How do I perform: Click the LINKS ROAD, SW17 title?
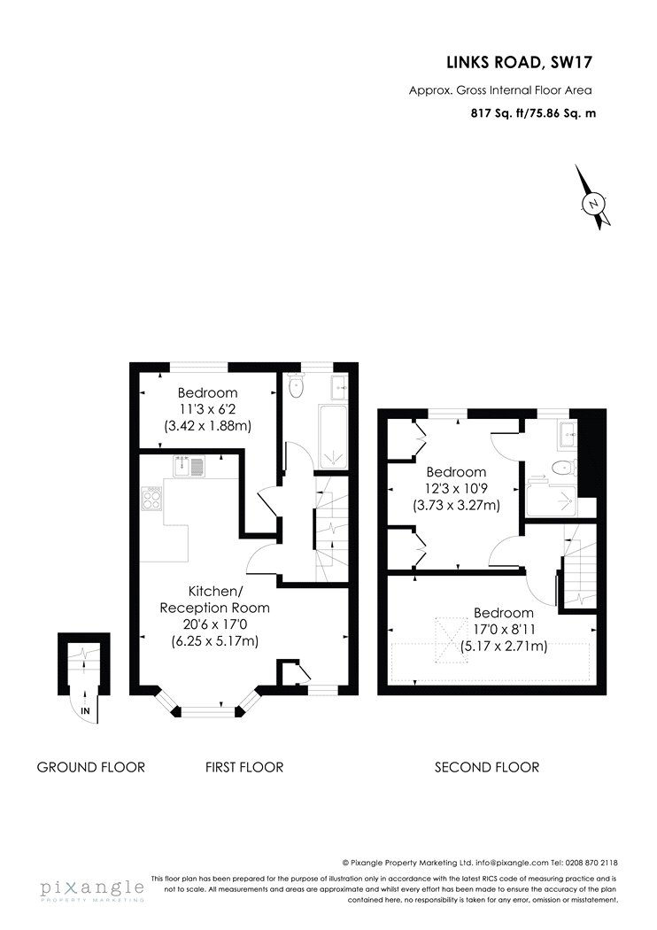(520, 62)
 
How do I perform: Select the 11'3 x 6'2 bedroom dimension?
(207, 408)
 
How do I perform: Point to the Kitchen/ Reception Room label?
(214, 600)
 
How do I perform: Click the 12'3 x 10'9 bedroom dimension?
(457, 489)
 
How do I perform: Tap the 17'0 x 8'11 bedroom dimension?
(504, 629)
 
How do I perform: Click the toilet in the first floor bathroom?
(295, 387)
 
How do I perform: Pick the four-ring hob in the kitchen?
(151, 498)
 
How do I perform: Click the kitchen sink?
(189, 466)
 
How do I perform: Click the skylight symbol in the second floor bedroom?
(453, 640)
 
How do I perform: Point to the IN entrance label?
(85, 710)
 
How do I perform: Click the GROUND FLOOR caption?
(90, 767)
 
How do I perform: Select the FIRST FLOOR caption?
(244, 767)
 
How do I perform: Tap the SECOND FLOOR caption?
(487, 767)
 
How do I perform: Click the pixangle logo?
(92, 890)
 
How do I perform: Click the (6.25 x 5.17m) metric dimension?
(214, 641)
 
